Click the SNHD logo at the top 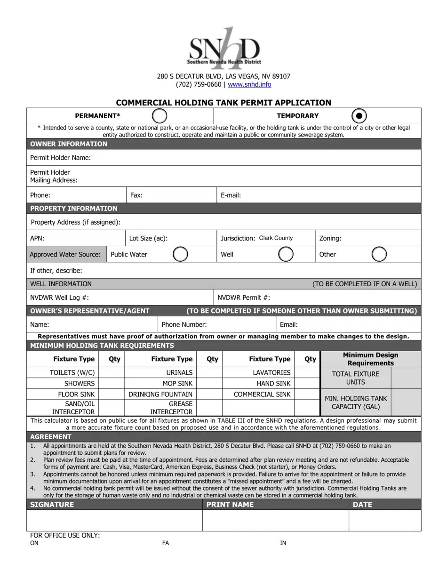coord(224,48)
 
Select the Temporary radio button coord(359,116)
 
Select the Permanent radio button coord(160,116)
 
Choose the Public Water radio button coord(180,254)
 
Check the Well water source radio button coord(286,254)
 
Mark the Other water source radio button coord(379,254)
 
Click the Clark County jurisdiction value coord(276,238)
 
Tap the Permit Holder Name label coord(60,157)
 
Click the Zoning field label coord(330,238)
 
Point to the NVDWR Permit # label coord(244,298)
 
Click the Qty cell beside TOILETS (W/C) coord(112,372)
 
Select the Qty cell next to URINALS coord(209,372)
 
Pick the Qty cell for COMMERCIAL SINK coord(307,394)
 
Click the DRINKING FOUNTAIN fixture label coord(160,394)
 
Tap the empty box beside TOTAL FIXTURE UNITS coord(406,378)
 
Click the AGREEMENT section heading coord(51,436)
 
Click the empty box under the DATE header coord(385,520)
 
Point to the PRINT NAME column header coord(230,505)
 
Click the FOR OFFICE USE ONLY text coord(65,535)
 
